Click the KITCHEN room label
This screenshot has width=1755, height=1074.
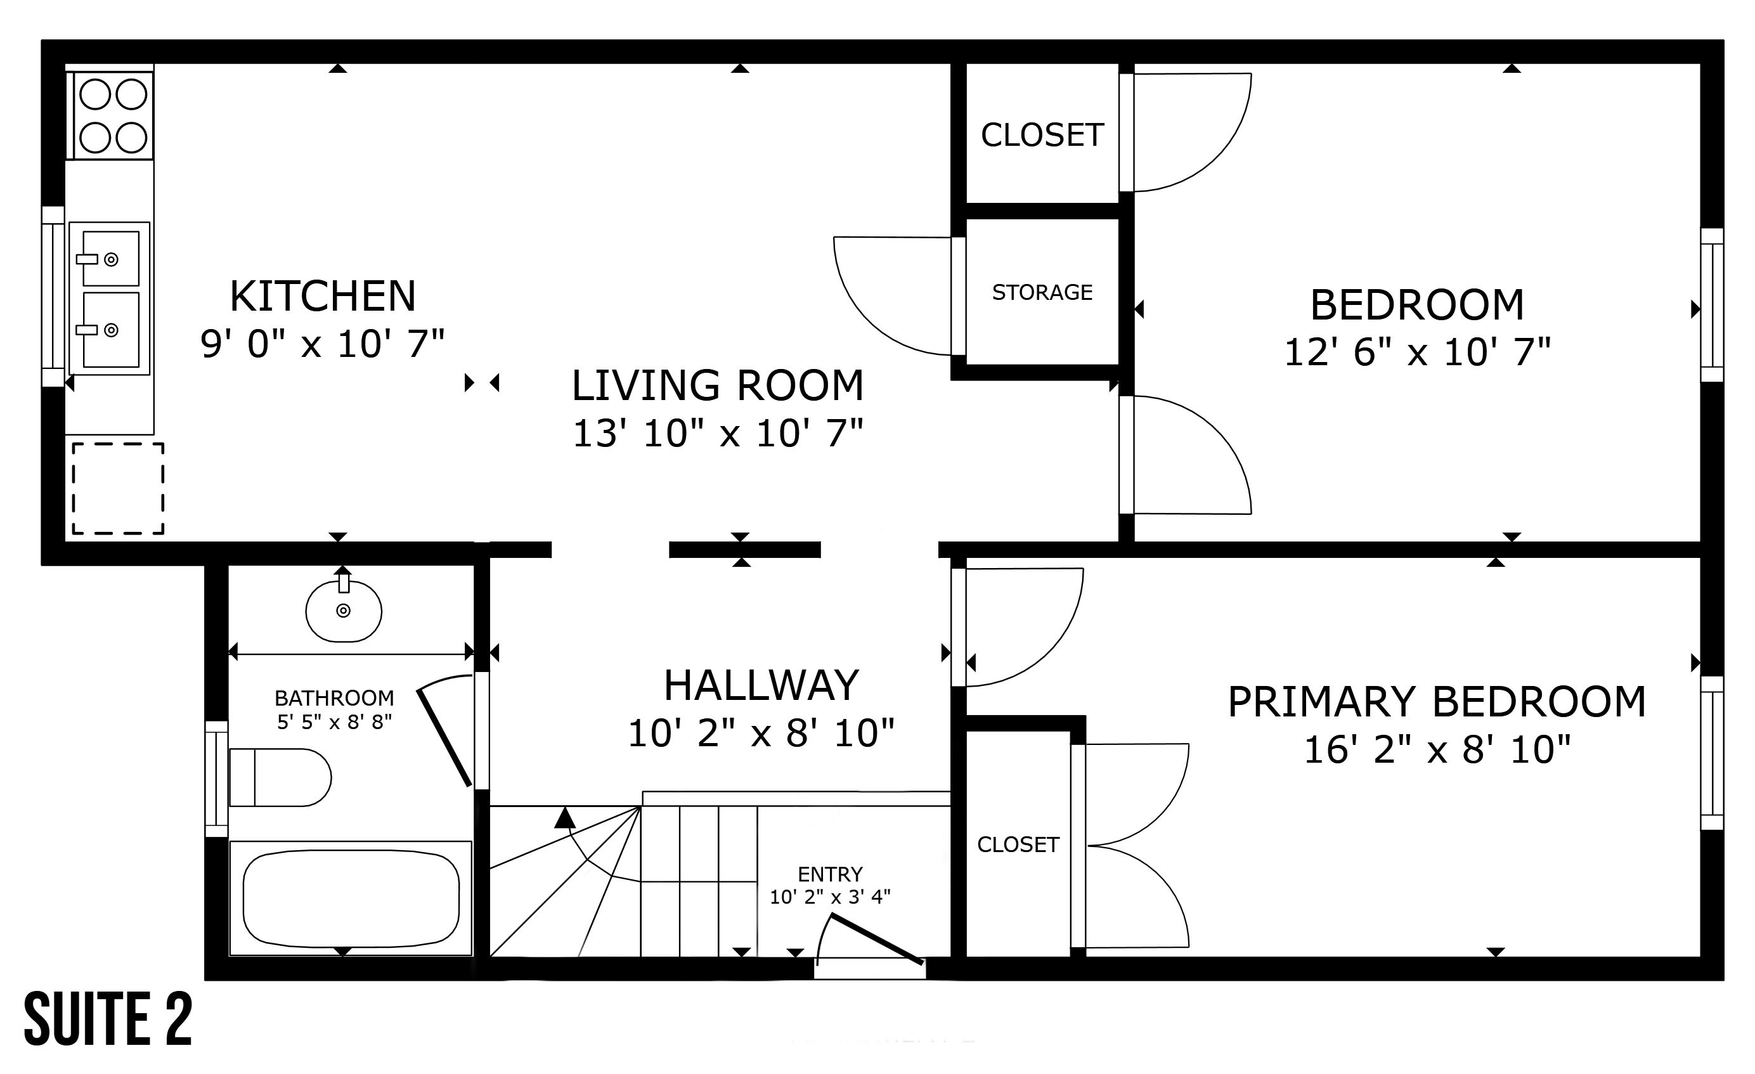(323, 296)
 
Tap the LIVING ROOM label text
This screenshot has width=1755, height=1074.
(718, 385)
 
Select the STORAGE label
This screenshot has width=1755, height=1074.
(1042, 292)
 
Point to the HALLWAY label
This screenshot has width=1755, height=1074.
(761, 685)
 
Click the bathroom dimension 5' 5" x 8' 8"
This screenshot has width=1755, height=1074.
(335, 722)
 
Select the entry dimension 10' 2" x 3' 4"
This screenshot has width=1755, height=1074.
(830, 896)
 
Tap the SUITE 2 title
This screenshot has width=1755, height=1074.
(108, 1019)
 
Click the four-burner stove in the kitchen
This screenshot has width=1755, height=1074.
(111, 115)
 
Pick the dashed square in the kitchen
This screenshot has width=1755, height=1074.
(118, 489)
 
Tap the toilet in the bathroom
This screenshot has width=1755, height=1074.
(280, 777)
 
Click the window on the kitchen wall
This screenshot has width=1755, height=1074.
(53, 296)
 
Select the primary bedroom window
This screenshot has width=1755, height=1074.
(1713, 753)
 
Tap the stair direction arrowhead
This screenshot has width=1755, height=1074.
(565, 818)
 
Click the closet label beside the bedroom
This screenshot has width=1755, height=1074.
(1042, 135)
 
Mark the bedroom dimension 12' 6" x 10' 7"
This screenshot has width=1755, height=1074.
(1418, 352)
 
